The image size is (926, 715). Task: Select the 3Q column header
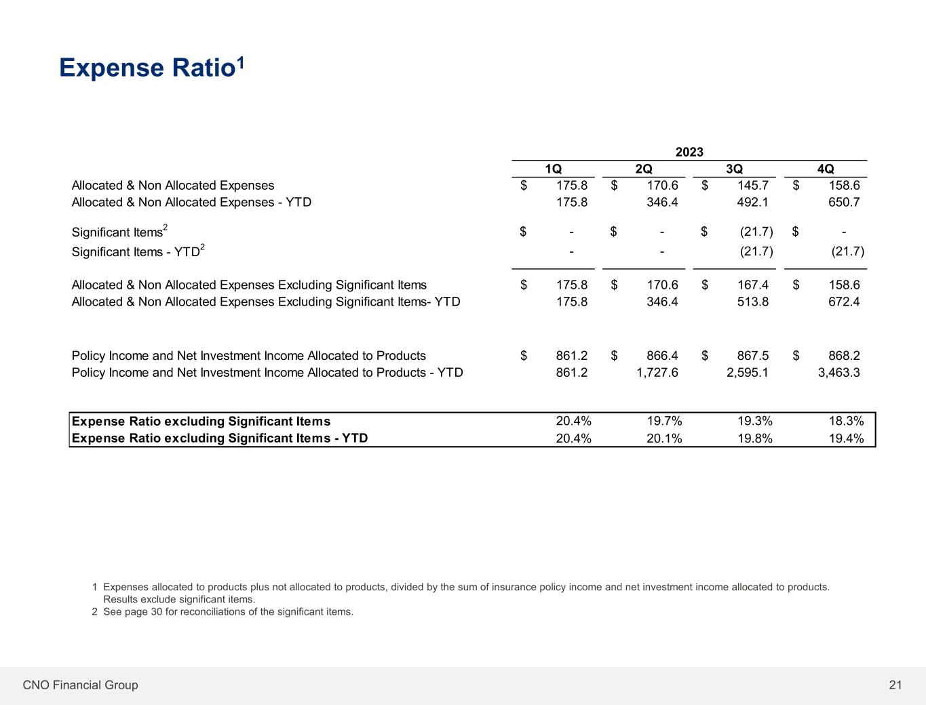click(734, 169)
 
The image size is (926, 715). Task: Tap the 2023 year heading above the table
click(689, 152)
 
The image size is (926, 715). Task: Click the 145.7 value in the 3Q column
click(754, 185)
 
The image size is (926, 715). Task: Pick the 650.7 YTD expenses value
click(844, 202)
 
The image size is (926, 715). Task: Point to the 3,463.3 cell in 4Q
click(838, 372)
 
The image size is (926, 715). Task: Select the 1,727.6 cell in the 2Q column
click(657, 372)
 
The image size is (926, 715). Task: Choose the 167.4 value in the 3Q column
click(754, 285)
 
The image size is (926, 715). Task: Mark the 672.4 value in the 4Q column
click(844, 302)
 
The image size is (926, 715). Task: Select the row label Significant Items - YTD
click(138, 252)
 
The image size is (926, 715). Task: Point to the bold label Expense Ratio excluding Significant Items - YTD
click(220, 438)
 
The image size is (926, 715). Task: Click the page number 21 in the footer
click(895, 685)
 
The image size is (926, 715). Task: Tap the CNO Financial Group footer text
click(80, 685)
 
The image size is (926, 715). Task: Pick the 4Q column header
click(825, 169)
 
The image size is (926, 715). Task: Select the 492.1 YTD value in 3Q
click(752, 202)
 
